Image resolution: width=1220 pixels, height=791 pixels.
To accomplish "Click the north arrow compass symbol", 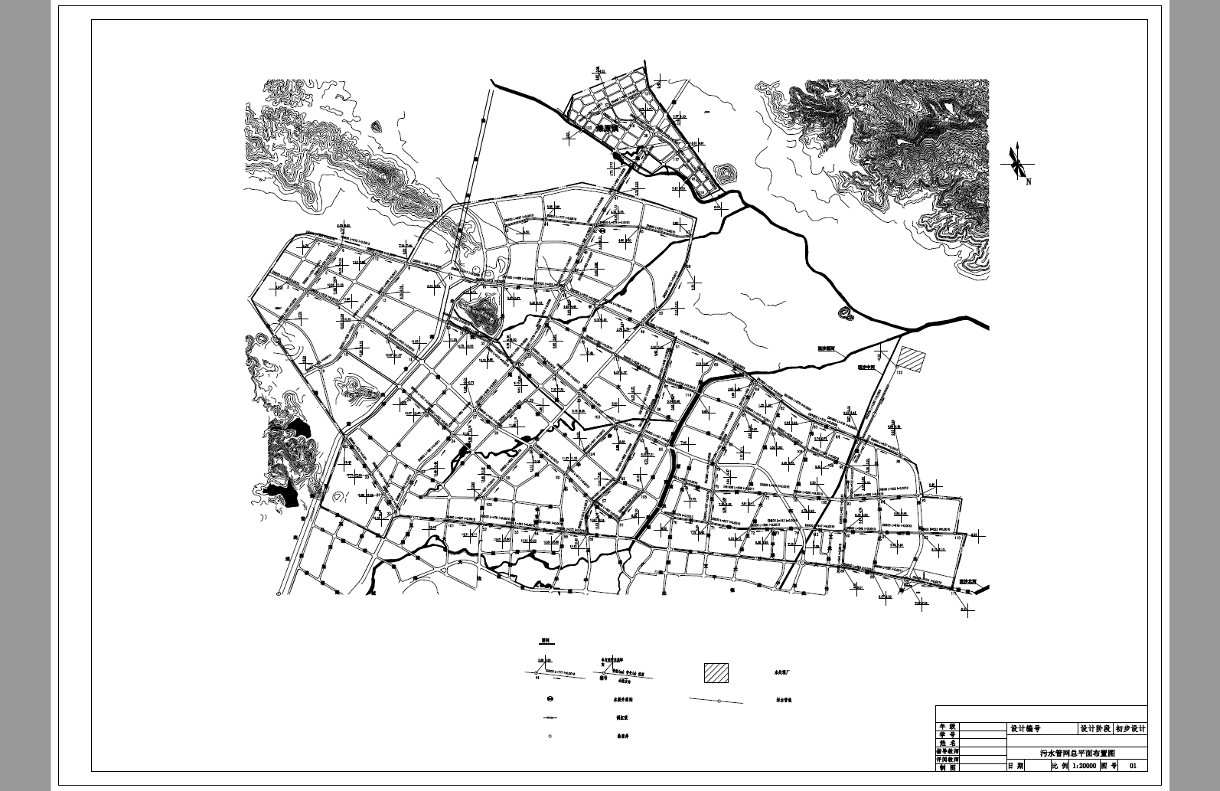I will click(1017, 162).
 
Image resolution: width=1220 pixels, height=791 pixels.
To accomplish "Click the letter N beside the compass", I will click(1029, 182).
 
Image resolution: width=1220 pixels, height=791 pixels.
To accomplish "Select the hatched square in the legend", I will click(716, 673).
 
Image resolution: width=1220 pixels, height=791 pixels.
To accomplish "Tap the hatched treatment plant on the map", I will click(911, 358).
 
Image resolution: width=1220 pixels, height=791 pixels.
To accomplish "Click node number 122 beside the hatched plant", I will click(900, 372).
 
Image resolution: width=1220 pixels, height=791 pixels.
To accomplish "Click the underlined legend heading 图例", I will click(546, 639).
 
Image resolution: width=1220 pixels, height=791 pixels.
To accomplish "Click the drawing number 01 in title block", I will click(1134, 765).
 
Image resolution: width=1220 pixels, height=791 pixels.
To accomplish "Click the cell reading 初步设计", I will click(1130, 729).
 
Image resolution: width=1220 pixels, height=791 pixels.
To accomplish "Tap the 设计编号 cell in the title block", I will click(1026, 729).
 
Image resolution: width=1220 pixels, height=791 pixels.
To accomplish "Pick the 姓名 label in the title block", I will click(948, 743).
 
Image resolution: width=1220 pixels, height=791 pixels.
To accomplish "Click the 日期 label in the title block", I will click(1016, 765).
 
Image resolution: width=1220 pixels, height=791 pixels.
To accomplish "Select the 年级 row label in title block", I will click(948, 726).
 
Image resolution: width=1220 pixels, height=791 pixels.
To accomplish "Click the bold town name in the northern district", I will click(607, 129).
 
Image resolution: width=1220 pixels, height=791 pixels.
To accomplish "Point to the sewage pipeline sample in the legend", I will click(716, 700).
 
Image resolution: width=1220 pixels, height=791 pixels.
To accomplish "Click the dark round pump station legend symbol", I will click(550, 698).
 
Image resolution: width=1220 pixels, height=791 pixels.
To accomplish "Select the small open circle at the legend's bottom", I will click(550, 737).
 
